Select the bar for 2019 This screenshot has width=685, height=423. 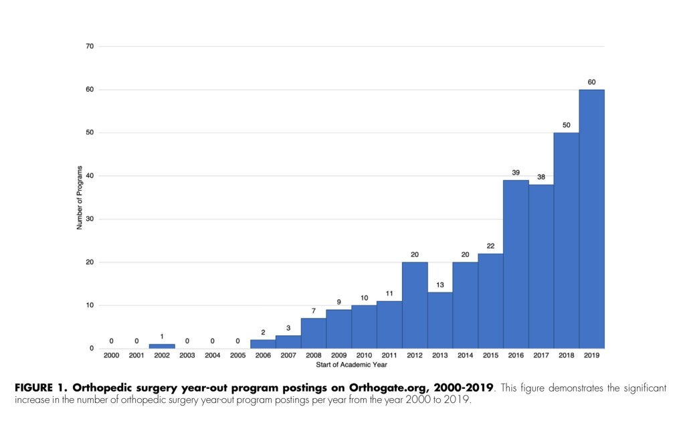click(x=592, y=219)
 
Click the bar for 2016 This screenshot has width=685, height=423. click(x=516, y=264)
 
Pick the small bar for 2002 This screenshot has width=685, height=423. click(x=162, y=346)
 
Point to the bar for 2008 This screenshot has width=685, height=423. click(x=313, y=333)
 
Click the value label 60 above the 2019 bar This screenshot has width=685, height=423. click(x=592, y=82)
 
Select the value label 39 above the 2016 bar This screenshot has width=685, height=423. click(x=516, y=173)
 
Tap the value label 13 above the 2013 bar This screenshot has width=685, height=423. click(x=440, y=285)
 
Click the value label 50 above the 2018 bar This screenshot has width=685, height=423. click(x=567, y=125)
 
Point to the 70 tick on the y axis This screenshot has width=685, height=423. click(x=90, y=46)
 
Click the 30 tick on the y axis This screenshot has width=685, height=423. click(x=90, y=219)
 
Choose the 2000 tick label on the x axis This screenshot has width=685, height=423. click(x=111, y=355)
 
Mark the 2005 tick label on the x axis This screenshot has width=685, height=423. click(x=237, y=355)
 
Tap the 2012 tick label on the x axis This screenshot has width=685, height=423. click(x=415, y=355)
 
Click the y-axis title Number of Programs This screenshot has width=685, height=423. click(x=79, y=197)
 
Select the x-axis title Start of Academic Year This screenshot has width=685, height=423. click(x=351, y=365)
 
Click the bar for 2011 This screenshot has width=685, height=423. click(x=389, y=325)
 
